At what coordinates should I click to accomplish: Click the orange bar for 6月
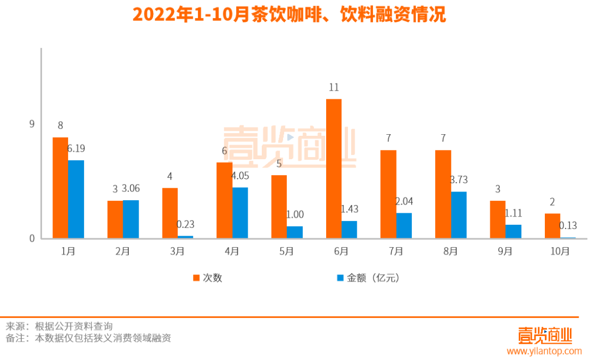333,169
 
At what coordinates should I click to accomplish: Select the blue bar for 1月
76,199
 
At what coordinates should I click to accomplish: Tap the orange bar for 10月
552,226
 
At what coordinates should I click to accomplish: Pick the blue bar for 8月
459,215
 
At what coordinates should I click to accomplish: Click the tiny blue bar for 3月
185,237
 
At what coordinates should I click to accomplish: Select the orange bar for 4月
224,200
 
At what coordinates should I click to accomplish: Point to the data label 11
334,87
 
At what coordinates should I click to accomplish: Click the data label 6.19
76,148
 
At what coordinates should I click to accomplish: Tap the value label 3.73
459,179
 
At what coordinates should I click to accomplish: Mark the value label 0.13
568,225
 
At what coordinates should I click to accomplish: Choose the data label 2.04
404,201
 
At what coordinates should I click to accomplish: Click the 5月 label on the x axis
286,251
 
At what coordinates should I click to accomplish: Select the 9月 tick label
505,251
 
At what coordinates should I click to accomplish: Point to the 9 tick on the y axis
32,124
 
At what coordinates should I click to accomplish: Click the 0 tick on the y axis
32,238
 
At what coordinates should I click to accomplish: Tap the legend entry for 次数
207,278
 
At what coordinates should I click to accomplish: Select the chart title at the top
289,15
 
